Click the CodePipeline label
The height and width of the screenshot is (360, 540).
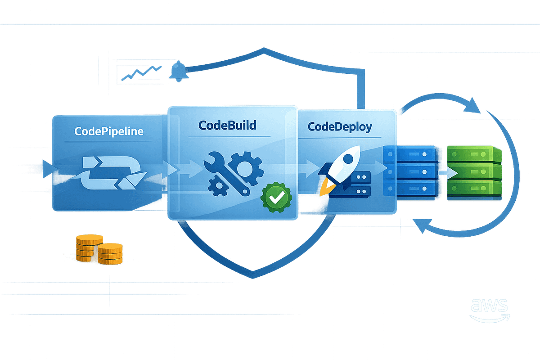[109, 131]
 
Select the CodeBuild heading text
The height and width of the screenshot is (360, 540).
[227, 125]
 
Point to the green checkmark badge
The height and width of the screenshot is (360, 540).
[276, 197]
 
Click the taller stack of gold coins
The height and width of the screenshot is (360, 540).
[86, 248]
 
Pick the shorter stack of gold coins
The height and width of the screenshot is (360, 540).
[110, 254]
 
